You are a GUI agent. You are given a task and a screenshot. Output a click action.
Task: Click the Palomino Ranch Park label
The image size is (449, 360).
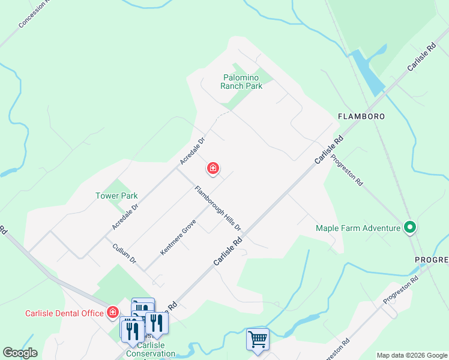241,82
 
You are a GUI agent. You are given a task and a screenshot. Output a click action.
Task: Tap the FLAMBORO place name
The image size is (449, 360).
360,116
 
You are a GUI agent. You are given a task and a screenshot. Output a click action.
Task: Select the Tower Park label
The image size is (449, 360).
116,196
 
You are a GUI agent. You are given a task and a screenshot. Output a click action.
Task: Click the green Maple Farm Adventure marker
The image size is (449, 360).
410,227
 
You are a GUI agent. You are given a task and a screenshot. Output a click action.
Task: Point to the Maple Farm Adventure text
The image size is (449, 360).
358,228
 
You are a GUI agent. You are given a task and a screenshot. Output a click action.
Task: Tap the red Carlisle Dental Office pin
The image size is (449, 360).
112,312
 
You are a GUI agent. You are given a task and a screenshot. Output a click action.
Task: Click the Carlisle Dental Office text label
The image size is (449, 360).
64,313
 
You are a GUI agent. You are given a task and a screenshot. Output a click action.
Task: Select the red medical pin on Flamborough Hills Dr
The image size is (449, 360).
212,169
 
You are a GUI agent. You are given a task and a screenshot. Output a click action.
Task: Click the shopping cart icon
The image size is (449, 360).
258,340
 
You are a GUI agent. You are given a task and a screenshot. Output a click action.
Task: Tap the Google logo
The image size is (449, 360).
20,353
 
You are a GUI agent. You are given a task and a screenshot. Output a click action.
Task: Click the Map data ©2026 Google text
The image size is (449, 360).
411,355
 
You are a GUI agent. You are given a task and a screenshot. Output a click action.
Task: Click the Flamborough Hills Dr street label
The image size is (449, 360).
217,209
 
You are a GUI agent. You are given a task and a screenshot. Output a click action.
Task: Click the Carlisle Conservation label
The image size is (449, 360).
156,349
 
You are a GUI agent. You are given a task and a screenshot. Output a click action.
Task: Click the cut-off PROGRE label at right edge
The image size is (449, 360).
432,259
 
